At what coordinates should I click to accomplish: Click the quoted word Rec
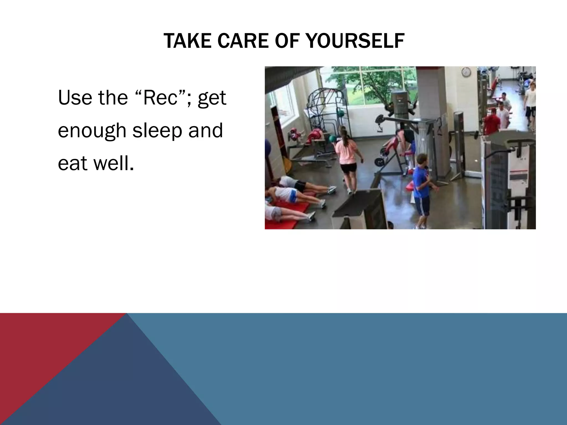point(160,98)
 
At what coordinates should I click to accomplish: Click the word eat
point(73,163)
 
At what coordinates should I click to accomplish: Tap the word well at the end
point(114,163)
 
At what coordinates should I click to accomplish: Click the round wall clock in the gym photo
point(466,72)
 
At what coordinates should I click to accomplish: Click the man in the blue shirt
point(421,183)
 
